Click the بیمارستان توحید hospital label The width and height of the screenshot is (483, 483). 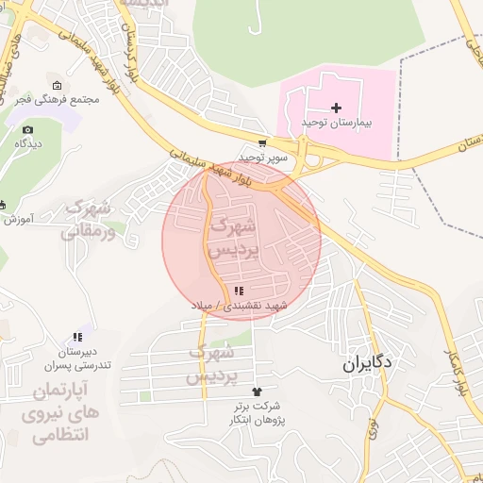(338, 124)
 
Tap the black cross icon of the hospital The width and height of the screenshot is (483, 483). (337, 108)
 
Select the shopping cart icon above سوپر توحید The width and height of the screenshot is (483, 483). (262, 143)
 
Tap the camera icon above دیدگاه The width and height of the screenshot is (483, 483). (27, 129)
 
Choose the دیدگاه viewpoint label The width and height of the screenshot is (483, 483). (26, 143)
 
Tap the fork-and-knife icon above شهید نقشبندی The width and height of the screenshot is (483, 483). (239, 291)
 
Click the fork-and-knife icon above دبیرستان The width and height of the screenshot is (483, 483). (77, 337)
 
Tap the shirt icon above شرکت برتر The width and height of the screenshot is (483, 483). (255, 391)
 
